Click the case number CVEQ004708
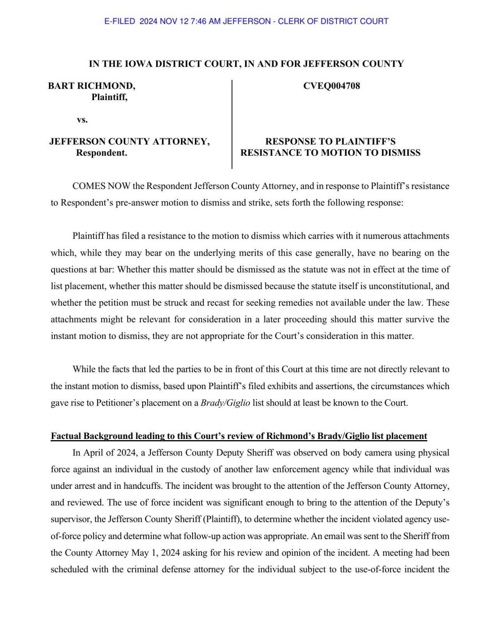(x=331, y=86)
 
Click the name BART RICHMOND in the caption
(x=92, y=86)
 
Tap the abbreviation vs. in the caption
(x=82, y=120)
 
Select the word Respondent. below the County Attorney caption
(x=101, y=153)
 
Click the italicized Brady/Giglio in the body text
(x=225, y=403)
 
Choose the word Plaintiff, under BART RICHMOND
(x=110, y=97)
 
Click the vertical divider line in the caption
(x=232, y=125)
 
